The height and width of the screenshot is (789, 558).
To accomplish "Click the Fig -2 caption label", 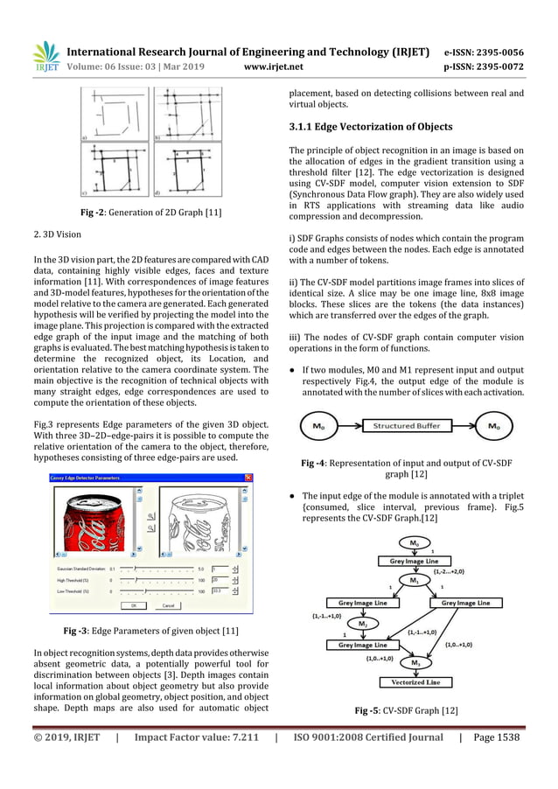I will pos(97,212).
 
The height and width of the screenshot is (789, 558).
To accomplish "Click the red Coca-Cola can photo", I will pos(95,521).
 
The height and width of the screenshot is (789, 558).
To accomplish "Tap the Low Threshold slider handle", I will pos(144,591).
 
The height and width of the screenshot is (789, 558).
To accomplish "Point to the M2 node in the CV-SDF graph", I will pos(361,624).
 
